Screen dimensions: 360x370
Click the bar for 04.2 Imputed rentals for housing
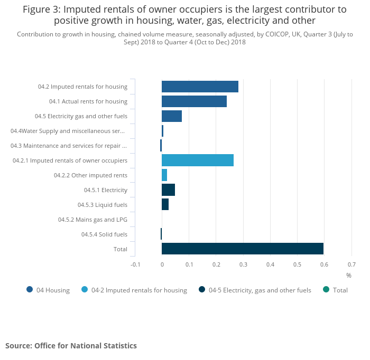200,87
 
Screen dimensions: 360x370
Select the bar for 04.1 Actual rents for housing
194,101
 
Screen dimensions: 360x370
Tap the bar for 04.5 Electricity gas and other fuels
172,116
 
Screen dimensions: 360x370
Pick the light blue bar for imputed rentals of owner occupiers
198,160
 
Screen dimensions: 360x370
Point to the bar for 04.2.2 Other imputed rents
164,175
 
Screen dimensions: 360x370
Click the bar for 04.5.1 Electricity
168,190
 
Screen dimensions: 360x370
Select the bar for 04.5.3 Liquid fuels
165,205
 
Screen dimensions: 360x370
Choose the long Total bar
243,249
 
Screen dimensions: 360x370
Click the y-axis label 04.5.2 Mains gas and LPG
92,220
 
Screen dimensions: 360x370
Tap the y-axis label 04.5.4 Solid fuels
104,234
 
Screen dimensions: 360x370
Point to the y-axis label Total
121,249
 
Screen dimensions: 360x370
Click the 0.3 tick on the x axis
243,264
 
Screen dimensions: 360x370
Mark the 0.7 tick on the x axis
351,264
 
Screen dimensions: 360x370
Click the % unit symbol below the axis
349,276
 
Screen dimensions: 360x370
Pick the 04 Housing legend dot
30,289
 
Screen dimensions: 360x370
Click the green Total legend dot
326,289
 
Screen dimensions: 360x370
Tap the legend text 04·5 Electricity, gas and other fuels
260,290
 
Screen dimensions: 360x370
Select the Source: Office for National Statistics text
71,346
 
